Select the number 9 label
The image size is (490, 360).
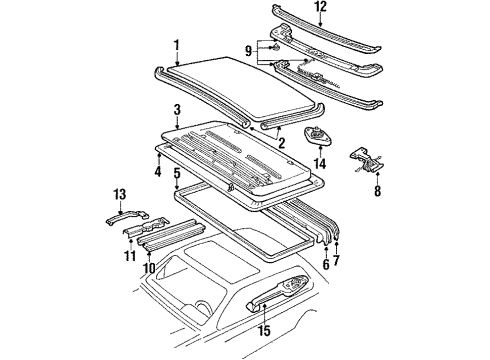click(x=248, y=51)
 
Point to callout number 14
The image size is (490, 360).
click(x=319, y=163)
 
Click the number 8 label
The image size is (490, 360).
click(x=377, y=191)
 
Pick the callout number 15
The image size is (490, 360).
click(x=264, y=330)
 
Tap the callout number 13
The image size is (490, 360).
click(x=120, y=194)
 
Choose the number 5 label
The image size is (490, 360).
click(x=177, y=174)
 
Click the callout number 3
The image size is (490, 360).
click(x=177, y=110)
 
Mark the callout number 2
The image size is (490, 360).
click(x=282, y=143)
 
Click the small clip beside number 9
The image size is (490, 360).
click(x=275, y=48)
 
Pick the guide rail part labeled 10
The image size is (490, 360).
click(x=172, y=236)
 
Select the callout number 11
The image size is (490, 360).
click(x=130, y=256)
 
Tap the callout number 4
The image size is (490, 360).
click(x=158, y=171)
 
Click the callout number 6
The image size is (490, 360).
click(x=326, y=264)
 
